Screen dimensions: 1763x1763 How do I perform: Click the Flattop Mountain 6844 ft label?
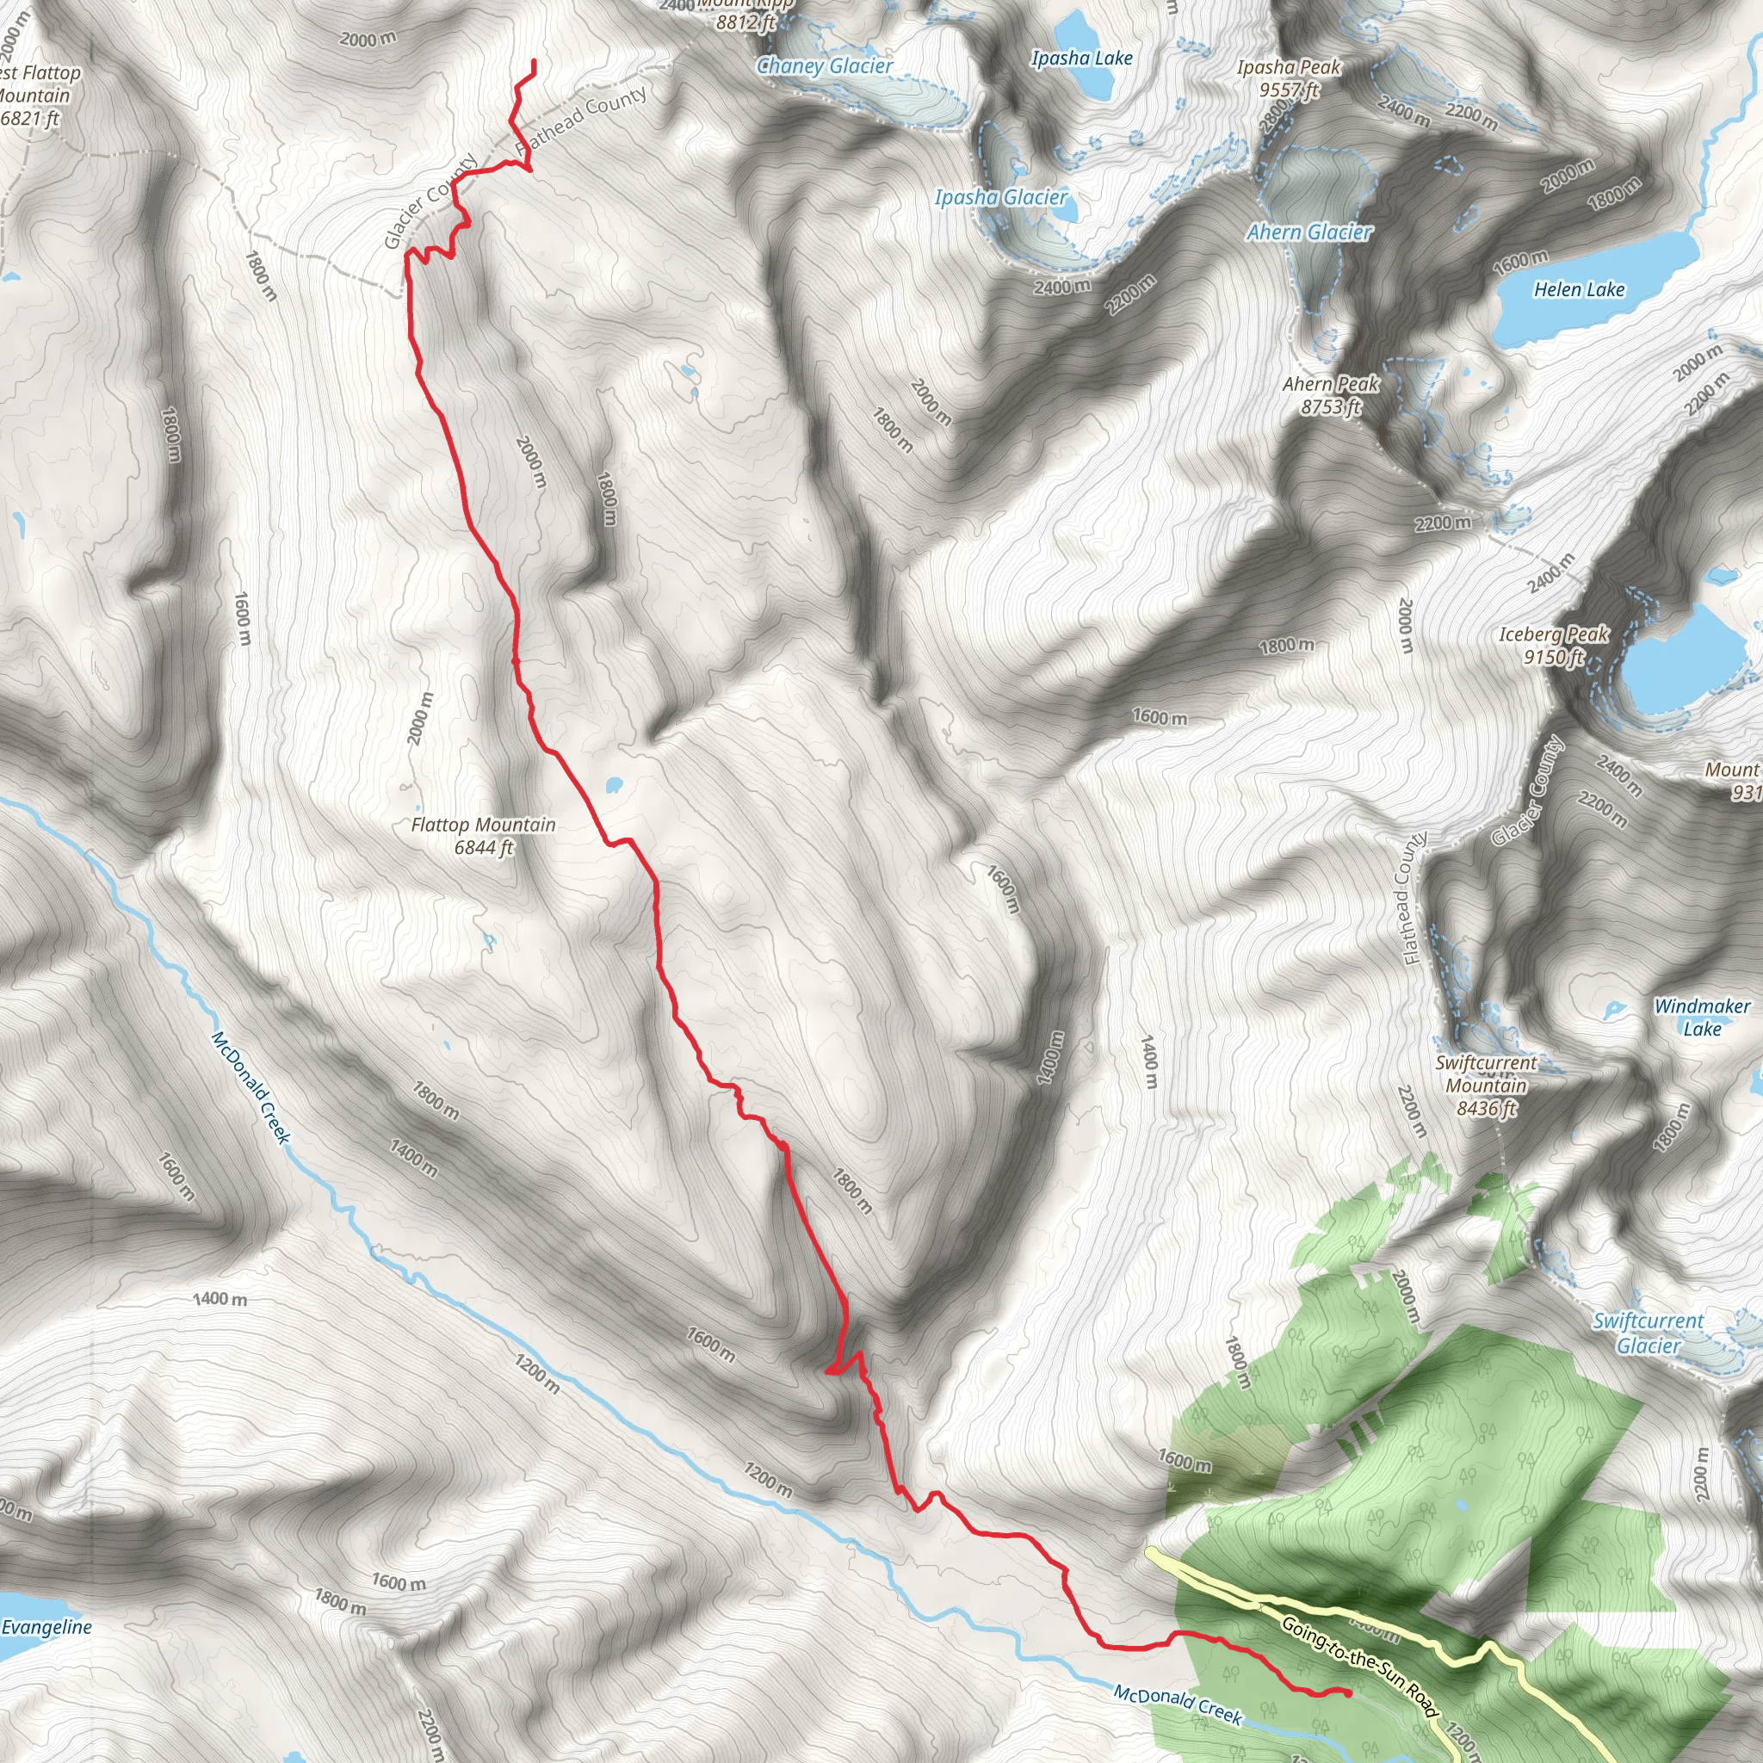(483, 836)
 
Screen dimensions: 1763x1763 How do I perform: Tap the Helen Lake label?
(1579, 290)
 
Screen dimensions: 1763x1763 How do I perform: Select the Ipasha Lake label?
(1081, 59)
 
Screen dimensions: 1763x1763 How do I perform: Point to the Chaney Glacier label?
(824, 65)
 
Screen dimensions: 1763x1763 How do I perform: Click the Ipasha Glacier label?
(1000, 197)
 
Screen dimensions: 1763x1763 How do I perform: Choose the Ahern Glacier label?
(1308, 232)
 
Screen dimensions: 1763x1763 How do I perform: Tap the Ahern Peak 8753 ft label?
(1331, 395)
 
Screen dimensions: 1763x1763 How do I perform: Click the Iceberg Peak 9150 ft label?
(1553, 645)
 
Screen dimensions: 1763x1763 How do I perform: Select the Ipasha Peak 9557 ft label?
(1289, 78)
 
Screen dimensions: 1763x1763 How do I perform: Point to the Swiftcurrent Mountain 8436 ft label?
(1486, 1086)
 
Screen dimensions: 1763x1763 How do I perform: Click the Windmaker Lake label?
(1702, 1018)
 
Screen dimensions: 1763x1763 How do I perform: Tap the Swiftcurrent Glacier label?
(1648, 1333)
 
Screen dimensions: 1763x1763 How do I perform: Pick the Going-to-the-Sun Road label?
(1358, 1667)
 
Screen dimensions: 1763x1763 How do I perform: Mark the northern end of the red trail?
(533, 62)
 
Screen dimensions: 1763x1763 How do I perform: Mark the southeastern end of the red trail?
(1349, 1692)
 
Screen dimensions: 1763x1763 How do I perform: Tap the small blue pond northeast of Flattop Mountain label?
(613, 784)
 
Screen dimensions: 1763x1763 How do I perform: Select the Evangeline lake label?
(46, 1627)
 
